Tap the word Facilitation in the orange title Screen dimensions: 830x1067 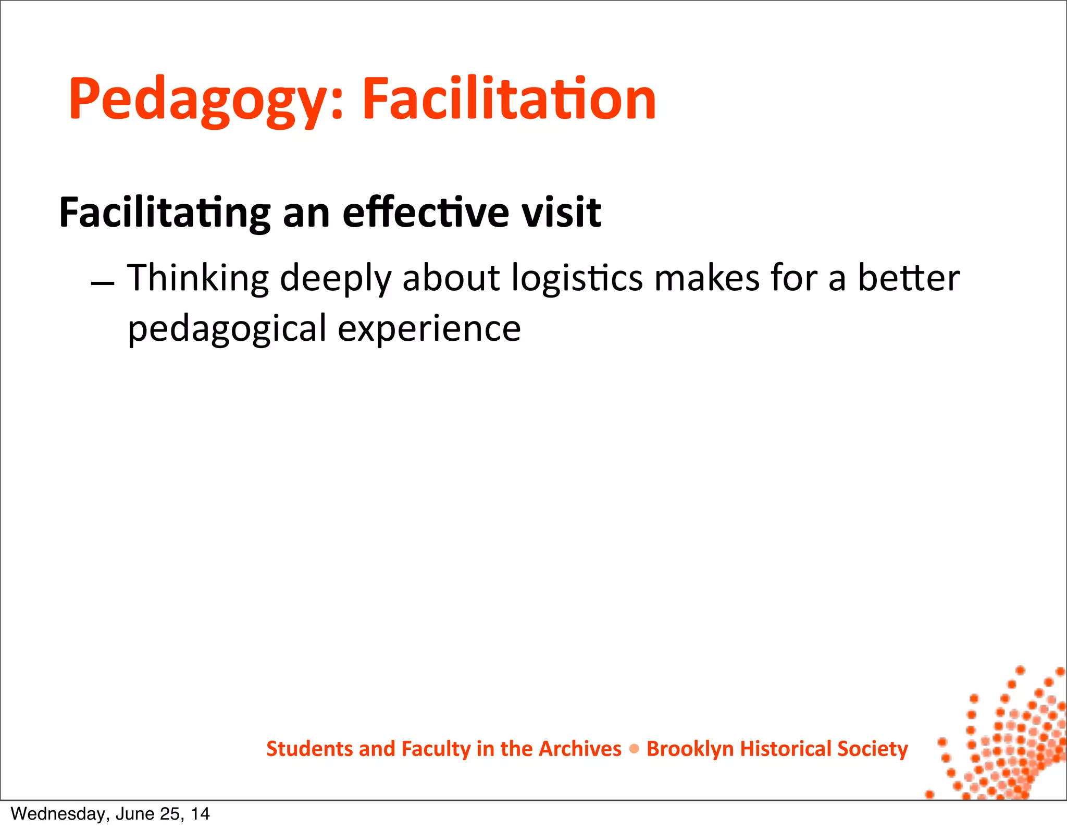pyautogui.click(x=508, y=99)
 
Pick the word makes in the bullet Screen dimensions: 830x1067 pyautogui.click(x=707, y=278)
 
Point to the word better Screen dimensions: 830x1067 pyautogui.click(x=908, y=278)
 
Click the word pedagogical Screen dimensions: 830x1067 pyautogui.click(x=227, y=329)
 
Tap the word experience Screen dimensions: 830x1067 pyautogui.click(x=429, y=329)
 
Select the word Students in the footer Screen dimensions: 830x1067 pyautogui.click(x=309, y=749)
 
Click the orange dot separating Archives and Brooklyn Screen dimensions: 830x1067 pyautogui.click(x=634, y=749)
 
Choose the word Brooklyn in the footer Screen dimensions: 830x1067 pyautogui.click(x=690, y=749)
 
